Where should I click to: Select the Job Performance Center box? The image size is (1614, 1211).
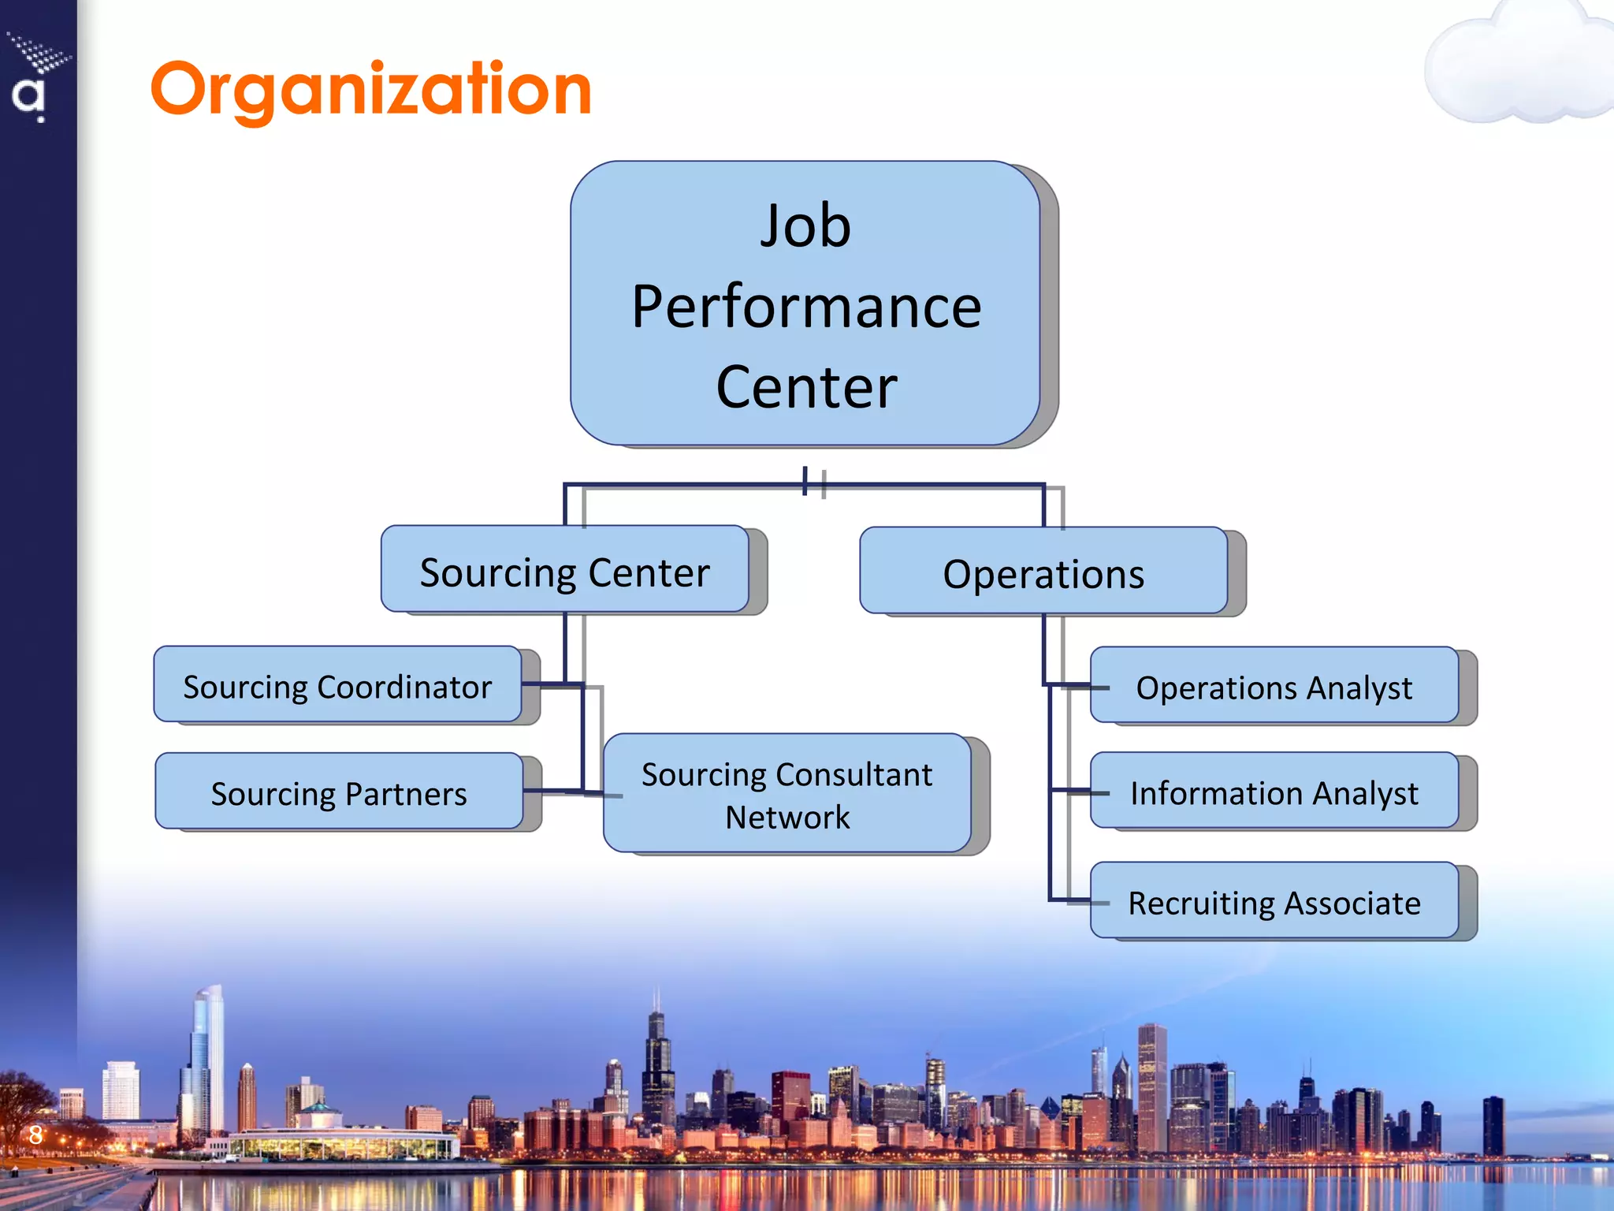coord(805,304)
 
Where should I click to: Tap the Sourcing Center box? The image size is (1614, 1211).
coord(564,569)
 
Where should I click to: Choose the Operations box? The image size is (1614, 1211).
coord(1043,571)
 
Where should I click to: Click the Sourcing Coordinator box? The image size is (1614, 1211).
coord(337,684)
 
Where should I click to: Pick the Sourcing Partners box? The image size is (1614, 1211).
coord(339,792)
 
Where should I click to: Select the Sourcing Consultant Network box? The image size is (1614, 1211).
coord(787,793)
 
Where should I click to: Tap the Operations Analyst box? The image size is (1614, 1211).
coord(1274,685)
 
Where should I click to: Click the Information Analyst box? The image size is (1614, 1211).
coord(1274,791)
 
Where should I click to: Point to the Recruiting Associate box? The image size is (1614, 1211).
coord(1274,900)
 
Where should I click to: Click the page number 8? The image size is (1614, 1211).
coord(35,1135)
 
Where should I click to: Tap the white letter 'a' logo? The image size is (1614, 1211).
coord(28,98)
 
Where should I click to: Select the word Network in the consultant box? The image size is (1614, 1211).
coord(787,818)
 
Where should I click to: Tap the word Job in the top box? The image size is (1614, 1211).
coord(805,226)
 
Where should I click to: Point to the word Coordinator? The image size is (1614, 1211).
coord(404,687)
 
